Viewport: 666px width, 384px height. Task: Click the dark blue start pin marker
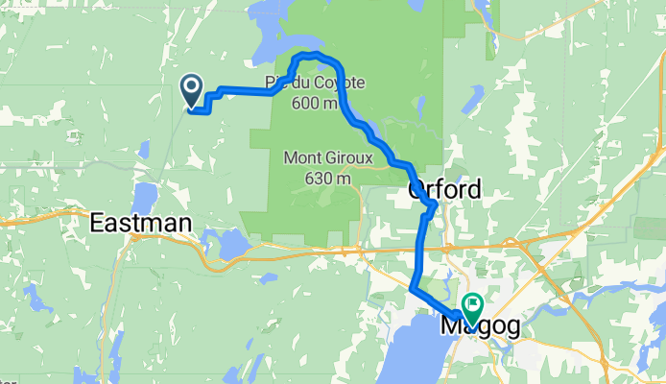191,92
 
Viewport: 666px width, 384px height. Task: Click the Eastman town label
141,225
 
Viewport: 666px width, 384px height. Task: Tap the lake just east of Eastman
233,244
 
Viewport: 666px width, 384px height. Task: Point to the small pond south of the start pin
143,150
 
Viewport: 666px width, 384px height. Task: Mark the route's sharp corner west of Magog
412,287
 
